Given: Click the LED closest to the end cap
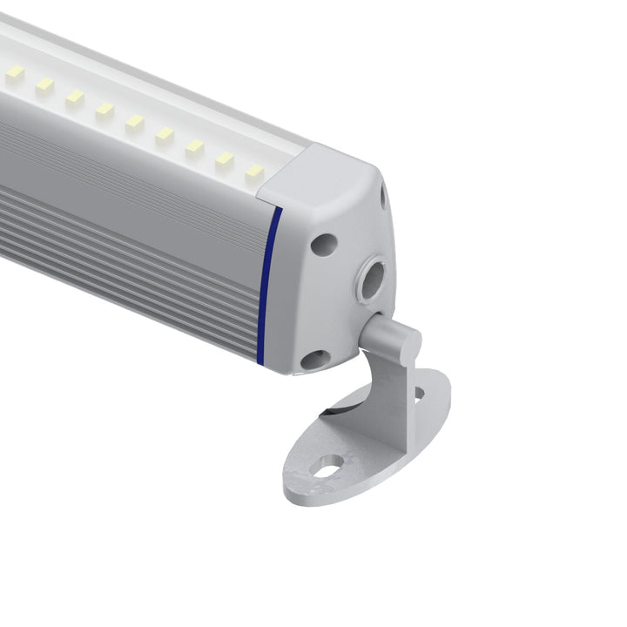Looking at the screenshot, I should pyautogui.click(x=253, y=173).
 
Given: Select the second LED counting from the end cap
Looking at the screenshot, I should pyautogui.click(x=224, y=161).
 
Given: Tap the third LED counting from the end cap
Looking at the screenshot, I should pyautogui.click(x=193, y=148).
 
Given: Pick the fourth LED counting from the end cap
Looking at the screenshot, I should pyautogui.click(x=165, y=136).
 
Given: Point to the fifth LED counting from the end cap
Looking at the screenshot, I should pyautogui.click(x=134, y=123).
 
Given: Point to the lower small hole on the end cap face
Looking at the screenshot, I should pyautogui.click(x=315, y=358).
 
